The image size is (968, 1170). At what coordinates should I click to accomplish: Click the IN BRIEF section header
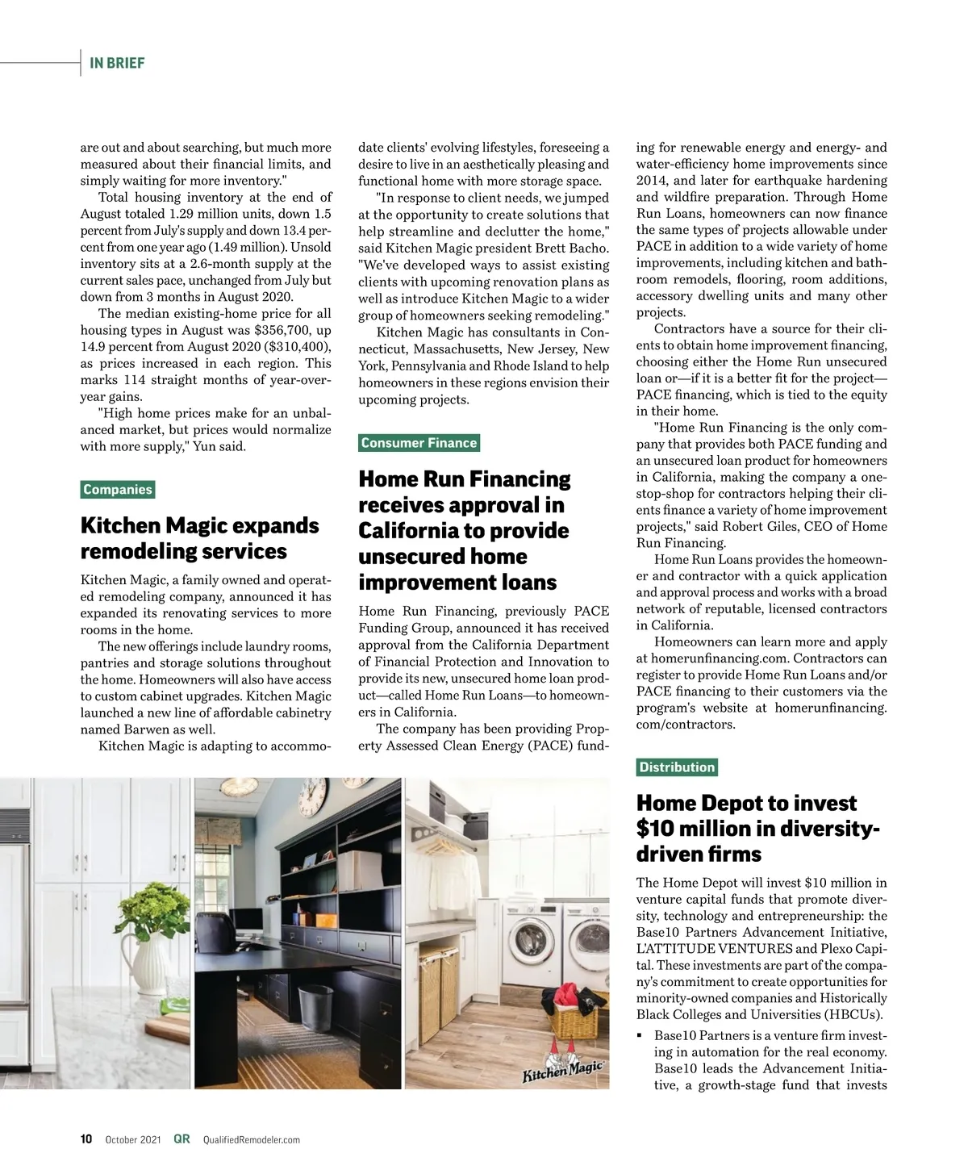tap(117, 63)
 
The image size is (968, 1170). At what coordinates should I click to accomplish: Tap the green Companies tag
tap(118, 490)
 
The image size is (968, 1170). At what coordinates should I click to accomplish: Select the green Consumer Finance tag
tap(419, 443)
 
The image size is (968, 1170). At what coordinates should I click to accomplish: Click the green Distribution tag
tap(677, 767)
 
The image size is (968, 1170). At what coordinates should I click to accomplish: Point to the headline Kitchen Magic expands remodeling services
tap(199, 538)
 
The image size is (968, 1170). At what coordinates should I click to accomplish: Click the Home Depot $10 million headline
tap(757, 828)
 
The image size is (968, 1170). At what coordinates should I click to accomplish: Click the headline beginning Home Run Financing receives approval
tap(465, 531)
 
